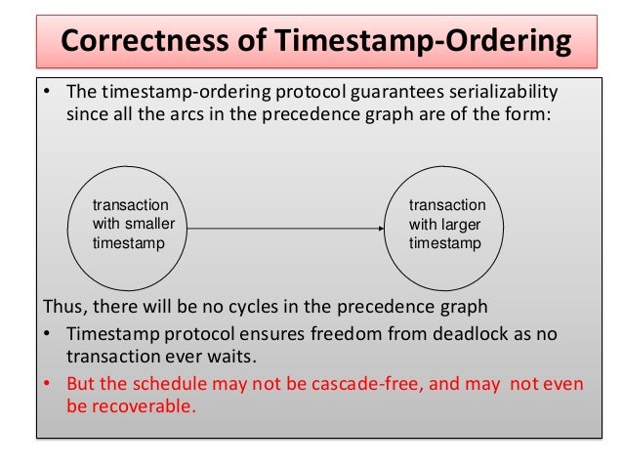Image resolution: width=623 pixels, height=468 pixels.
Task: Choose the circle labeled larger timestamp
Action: tap(446, 224)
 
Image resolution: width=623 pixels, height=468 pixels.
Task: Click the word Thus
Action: tap(61, 307)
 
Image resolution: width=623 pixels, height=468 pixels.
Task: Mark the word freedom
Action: tap(343, 334)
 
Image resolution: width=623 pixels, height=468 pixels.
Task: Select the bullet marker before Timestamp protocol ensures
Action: tap(45, 334)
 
